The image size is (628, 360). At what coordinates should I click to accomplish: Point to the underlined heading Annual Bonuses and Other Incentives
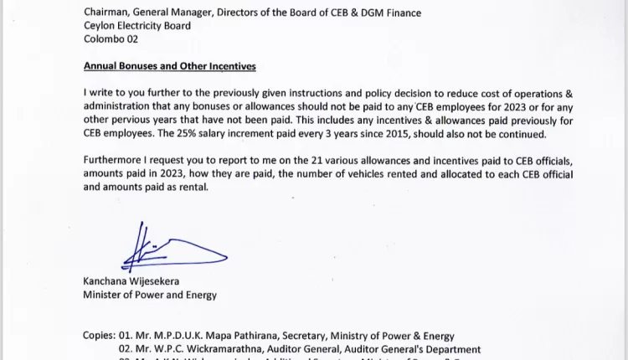(169, 66)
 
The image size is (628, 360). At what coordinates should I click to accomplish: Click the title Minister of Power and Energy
(150, 295)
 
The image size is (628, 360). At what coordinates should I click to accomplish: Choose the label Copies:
(99, 336)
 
